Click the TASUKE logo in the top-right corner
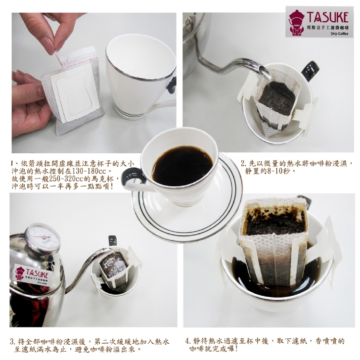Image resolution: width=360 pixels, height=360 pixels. (319, 22)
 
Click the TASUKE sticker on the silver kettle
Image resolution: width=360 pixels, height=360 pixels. (32, 274)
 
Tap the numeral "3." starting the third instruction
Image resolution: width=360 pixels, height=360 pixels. (13, 341)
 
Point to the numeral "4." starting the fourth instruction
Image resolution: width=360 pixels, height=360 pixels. (188, 341)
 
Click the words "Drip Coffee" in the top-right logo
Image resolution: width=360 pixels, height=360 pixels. (339, 34)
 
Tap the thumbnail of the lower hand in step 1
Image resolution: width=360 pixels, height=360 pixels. (41, 91)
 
